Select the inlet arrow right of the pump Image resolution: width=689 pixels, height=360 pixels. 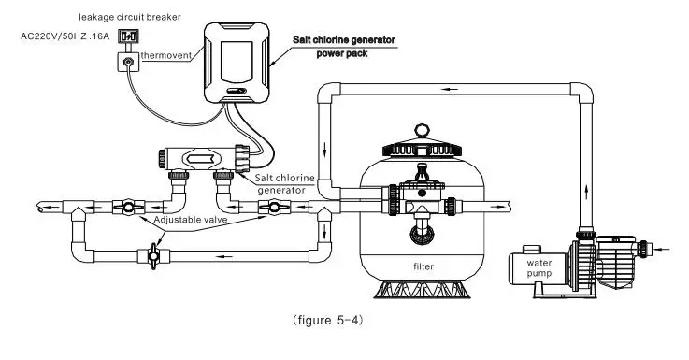coord(665,249)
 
